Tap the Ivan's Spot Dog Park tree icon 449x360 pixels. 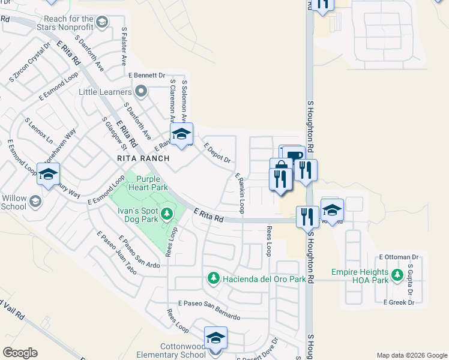[x=166, y=213]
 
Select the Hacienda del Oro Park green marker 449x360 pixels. [x=212, y=278]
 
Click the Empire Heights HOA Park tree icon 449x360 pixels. [x=396, y=276]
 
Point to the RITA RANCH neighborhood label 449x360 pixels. [x=143, y=158]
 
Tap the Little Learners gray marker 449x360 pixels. [x=142, y=92]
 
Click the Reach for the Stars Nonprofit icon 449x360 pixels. [x=103, y=23]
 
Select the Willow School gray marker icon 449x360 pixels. [x=35, y=200]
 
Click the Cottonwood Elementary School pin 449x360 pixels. [x=215, y=338]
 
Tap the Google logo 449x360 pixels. [x=20, y=353]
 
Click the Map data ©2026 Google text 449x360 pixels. [x=411, y=355]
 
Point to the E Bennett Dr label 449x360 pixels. [x=146, y=75]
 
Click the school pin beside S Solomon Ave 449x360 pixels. [x=181, y=135]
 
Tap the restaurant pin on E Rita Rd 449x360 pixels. [x=307, y=217]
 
